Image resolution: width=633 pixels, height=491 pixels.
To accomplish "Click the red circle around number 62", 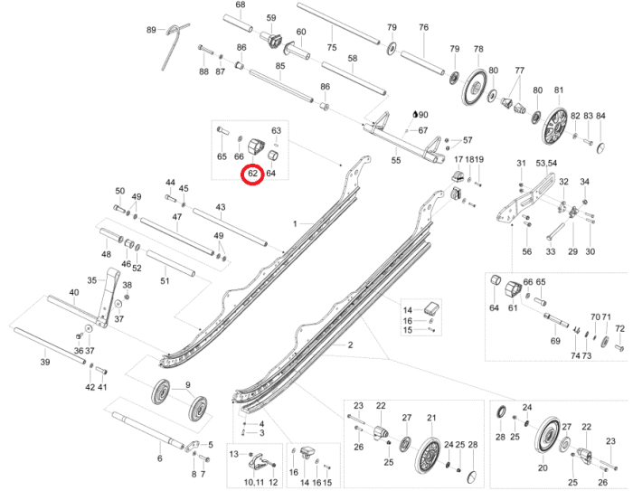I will pyautogui.click(x=252, y=172).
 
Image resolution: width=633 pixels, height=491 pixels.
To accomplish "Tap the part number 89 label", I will pyautogui.click(x=152, y=31).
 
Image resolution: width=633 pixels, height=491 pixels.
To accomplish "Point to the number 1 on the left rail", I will pyautogui.click(x=295, y=222).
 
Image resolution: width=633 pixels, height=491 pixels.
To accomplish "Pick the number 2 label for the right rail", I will pyautogui.click(x=350, y=345).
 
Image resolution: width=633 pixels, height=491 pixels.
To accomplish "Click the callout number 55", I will pyautogui.click(x=395, y=160).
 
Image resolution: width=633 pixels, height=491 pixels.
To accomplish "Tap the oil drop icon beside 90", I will pyautogui.click(x=415, y=115).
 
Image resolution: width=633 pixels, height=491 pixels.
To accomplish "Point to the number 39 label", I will pyautogui.click(x=44, y=362).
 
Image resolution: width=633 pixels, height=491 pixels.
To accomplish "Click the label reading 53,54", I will pyautogui.click(x=547, y=162).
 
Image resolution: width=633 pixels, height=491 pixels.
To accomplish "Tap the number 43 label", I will pyautogui.click(x=220, y=208).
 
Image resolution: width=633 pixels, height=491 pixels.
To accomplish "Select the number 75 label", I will pyautogui.click(x=332, y=47).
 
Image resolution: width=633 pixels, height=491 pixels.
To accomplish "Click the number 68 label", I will pyautogui.click(x=241, y=5).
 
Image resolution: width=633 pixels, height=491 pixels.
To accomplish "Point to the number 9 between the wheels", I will pyautogui.click(x=188, y=386).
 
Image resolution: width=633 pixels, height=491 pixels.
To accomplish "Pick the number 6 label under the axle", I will pyautogui.click(x=160, y=458).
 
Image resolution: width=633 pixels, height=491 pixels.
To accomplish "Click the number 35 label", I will pyautogui.click(x=91, y=280).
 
